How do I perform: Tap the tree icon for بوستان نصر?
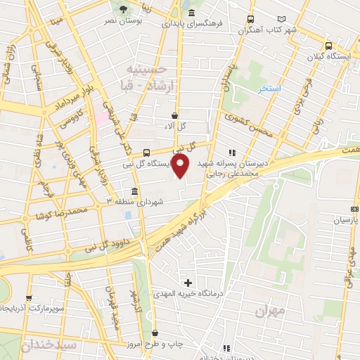124,9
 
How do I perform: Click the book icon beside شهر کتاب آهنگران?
283,19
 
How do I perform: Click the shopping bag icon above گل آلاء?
174,115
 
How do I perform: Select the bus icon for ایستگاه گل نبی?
146,153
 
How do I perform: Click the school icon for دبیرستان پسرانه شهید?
232,153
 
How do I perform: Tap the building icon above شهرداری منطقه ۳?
134,191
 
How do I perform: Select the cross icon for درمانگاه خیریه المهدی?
188,282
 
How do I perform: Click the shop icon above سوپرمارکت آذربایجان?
29,298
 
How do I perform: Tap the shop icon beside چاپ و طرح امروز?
155,333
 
